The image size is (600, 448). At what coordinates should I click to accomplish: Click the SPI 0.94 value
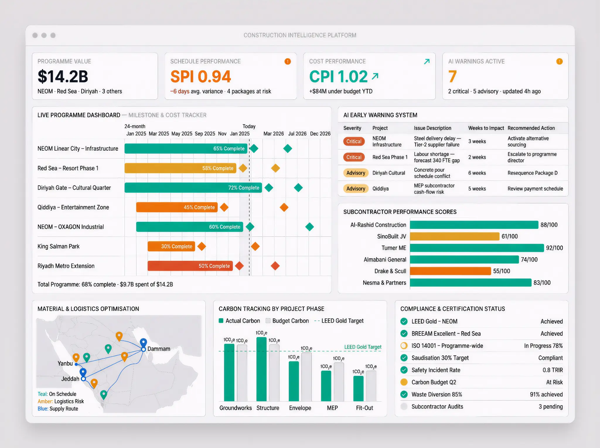click(201, 77)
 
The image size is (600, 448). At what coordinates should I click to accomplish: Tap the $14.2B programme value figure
click(63, 77)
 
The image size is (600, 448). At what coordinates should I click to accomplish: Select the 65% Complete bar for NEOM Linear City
click(186, 149)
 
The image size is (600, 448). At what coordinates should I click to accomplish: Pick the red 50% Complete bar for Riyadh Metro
click(190, 266)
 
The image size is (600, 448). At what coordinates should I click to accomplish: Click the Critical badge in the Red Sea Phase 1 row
click(354, 157)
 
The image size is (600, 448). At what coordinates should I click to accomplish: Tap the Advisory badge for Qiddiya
click(355, 189)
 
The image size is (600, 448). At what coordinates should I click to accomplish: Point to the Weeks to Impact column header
click(486, 128)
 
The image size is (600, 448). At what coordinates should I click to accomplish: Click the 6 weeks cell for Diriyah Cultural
click(477, 173)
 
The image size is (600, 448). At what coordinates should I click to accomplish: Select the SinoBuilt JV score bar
click(454, 236)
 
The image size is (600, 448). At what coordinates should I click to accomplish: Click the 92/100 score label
click(554, 248)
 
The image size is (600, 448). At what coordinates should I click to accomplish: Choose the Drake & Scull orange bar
click(450, 271)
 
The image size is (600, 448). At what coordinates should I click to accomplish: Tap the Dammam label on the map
click(158, 349)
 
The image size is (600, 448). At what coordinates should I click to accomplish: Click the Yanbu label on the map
click(65, 364)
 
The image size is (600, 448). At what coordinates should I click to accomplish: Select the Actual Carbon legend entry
click(239, 321)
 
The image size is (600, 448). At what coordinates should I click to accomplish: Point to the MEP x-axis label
click(332, 408)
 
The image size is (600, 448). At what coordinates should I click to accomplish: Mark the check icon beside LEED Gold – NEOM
click(404, 321)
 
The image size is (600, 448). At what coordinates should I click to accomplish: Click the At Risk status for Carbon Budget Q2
click(554, 382)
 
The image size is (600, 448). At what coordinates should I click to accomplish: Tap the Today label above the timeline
click(249, 126)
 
